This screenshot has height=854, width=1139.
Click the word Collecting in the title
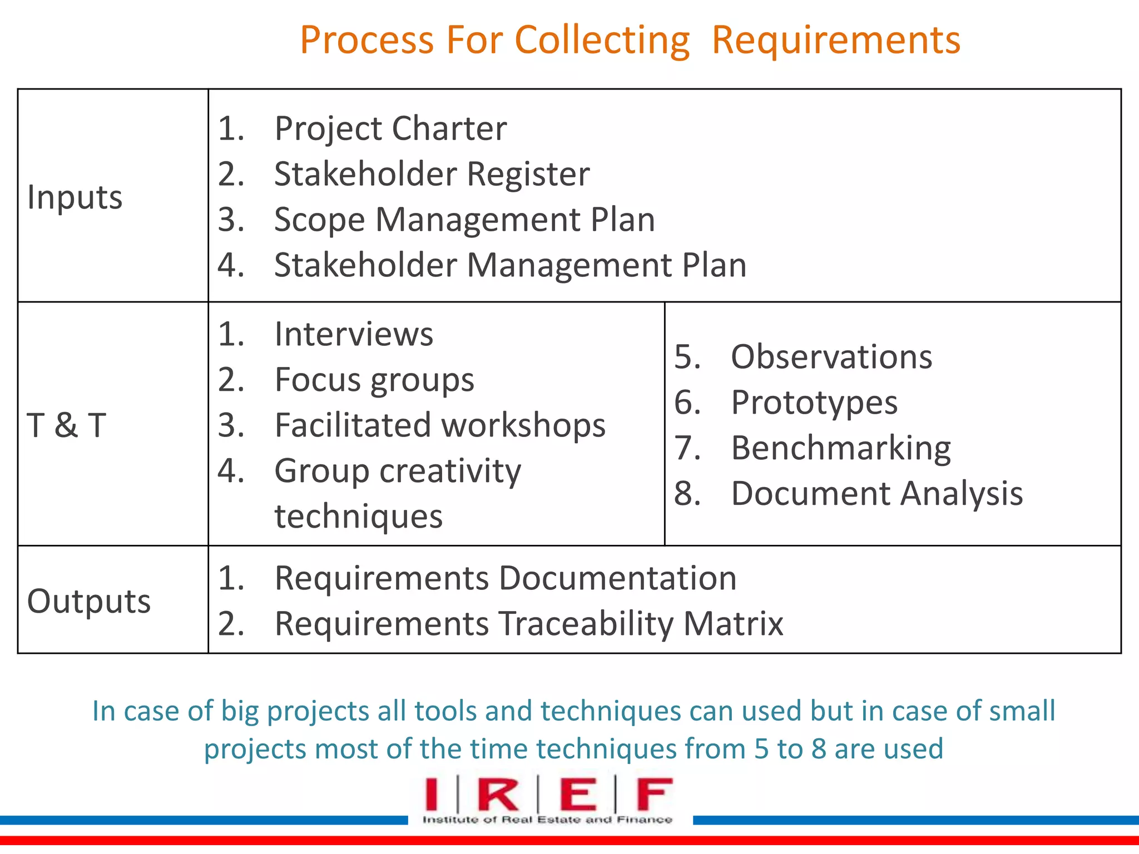point(602,41)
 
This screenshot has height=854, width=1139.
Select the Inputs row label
point(75,197)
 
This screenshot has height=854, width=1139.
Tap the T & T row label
point(66,425)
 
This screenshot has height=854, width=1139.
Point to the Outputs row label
point(89,601)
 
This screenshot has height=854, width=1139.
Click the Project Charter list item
point(390,128)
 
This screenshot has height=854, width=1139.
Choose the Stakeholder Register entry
point(432,174)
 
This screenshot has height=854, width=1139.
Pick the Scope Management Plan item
point(464,220)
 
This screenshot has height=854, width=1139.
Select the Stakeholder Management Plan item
point(510,265)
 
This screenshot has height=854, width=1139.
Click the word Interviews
point(354,334)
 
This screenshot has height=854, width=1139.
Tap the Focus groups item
point(374,380)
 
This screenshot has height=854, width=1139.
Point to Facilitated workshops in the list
point(440,425)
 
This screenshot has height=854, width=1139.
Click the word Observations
point(831,356)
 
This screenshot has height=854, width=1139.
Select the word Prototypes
point(814,402)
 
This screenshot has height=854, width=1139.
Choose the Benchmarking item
point(841,448)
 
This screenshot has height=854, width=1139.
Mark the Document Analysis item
point(876,493)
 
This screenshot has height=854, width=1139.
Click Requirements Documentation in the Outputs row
point(506,578)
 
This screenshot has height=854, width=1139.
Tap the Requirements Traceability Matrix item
point(529,623)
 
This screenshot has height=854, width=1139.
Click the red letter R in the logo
point(498,795)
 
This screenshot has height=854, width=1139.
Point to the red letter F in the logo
point(654,795)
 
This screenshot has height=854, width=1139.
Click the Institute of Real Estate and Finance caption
point(547,820)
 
